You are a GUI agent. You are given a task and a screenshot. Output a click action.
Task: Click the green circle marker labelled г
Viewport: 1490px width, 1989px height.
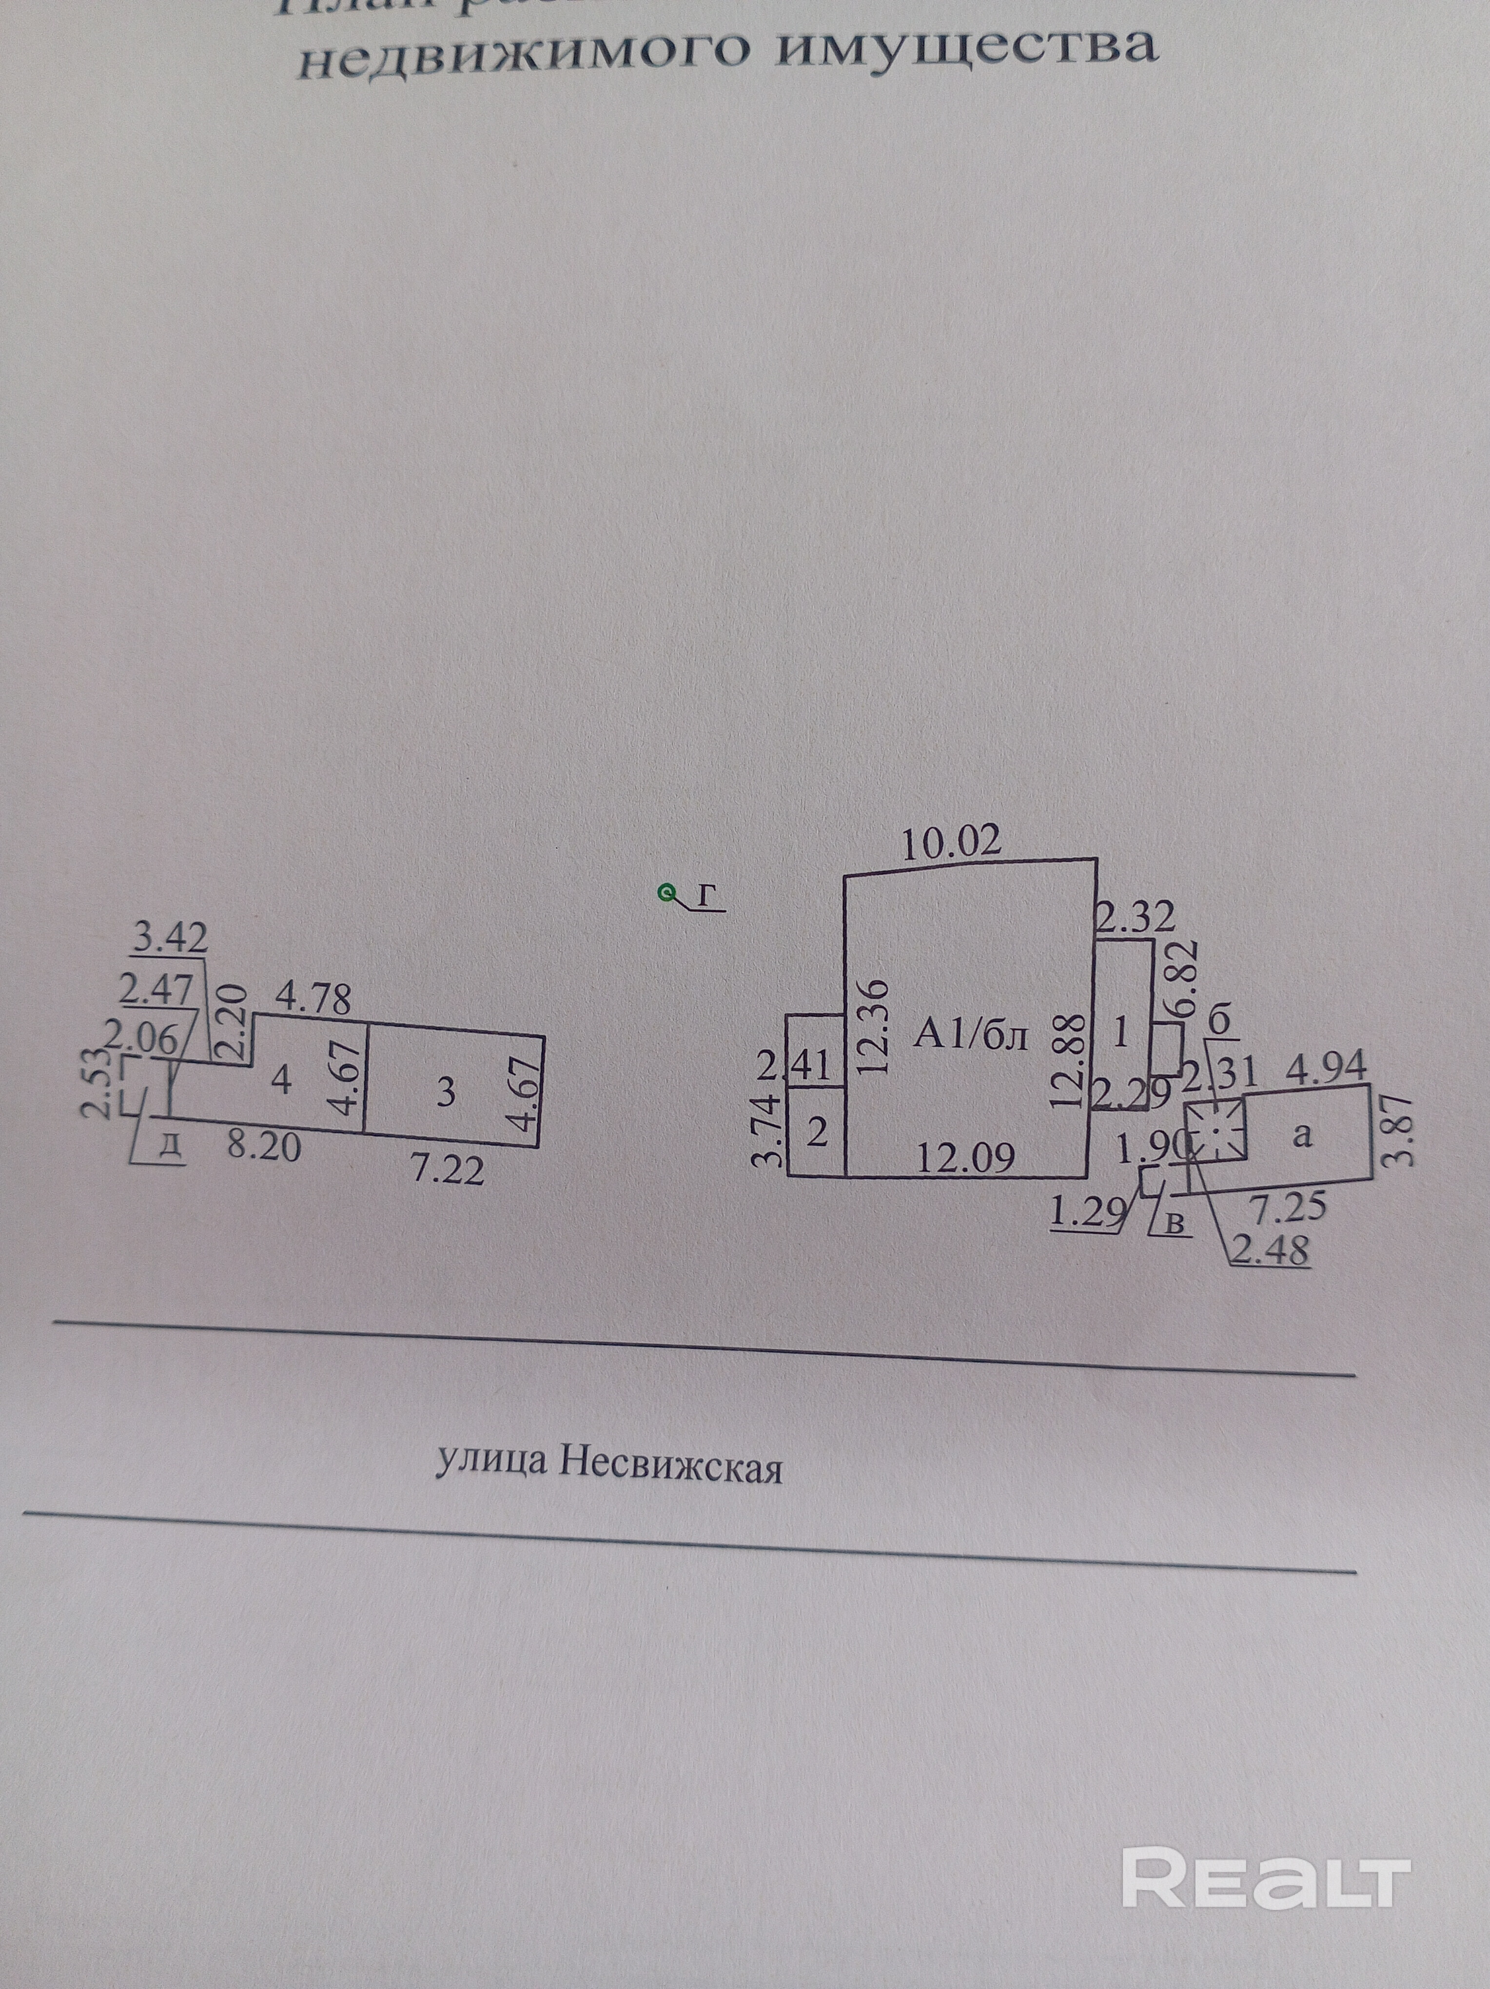point(667,893)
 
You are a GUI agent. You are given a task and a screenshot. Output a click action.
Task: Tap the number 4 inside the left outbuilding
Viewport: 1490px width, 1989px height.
point(281,1079)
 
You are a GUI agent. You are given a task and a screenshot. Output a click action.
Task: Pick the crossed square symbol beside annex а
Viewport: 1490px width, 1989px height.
point(1215,1131)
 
